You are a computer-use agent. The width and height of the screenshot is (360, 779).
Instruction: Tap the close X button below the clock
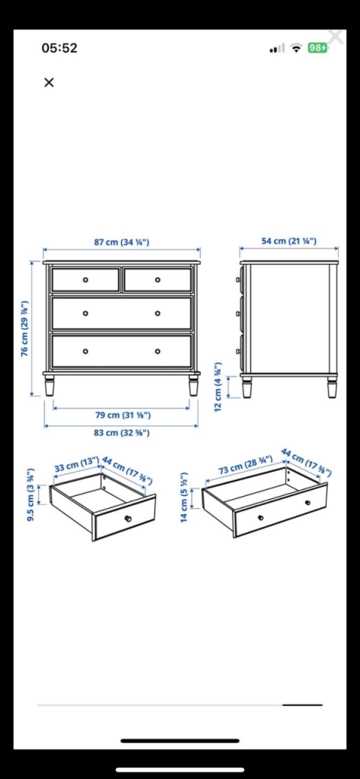click(x=49, y=82)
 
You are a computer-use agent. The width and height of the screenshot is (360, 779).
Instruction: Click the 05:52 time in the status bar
click(x=59, y=48)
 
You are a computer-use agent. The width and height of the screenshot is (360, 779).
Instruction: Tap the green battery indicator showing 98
click(x=317, y=48)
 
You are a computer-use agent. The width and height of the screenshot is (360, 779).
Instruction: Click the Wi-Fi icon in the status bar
click(x=296, y=48)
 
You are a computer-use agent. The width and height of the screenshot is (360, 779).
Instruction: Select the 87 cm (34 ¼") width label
click(x=121, y=242)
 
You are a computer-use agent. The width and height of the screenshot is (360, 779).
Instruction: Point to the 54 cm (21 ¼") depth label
click(x=289, y=241)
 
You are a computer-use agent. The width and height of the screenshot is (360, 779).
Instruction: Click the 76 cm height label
click(x=25, y=328)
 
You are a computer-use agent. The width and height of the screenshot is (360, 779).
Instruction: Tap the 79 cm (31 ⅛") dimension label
click(x=122, y=415)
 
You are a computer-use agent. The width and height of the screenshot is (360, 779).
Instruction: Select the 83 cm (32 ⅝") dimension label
click(x=122, y=432)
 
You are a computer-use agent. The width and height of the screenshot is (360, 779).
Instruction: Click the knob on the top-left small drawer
click(x=85, y=280)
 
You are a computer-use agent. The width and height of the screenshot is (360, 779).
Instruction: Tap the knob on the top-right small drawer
click(x=158, y=280)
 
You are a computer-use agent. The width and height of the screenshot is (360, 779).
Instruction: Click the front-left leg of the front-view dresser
click(x=50, y=386)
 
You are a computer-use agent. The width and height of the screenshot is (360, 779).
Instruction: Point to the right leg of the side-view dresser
click(x=332, y=387)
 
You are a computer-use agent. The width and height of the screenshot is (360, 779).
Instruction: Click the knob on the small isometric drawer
click(x=128, y=519)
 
